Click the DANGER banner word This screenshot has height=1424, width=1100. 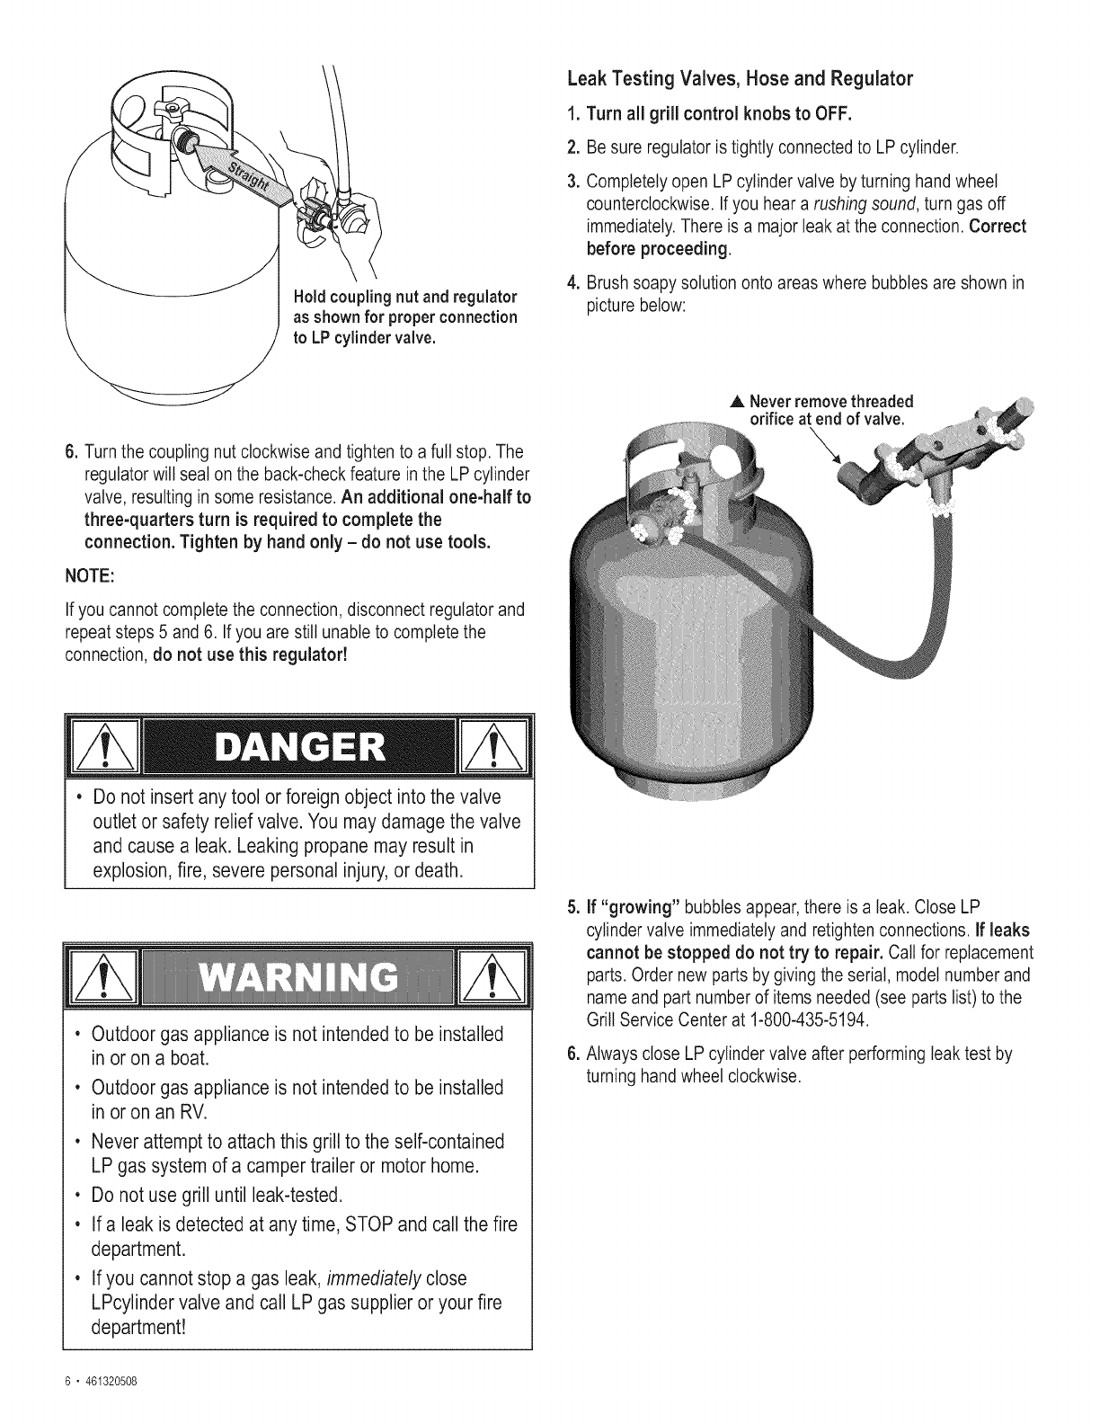pyautogui.click(x=298, y=747)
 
